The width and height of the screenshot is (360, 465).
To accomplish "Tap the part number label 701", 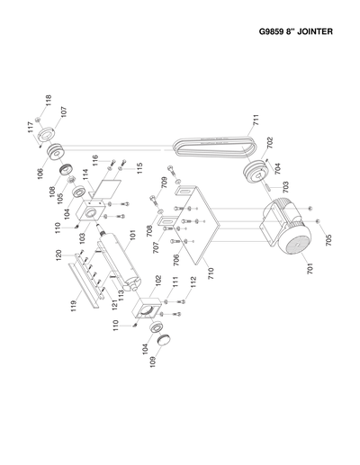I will (x=310, y=268).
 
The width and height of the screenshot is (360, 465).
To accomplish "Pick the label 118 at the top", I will (x=49, y=102).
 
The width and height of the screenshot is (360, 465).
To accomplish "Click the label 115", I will (x=139, y=168).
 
